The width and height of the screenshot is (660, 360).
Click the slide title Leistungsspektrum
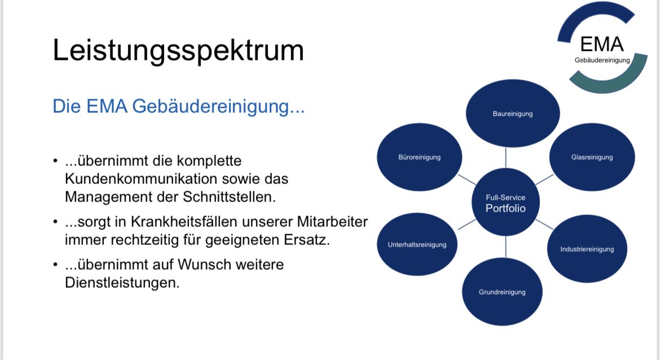point(178,51)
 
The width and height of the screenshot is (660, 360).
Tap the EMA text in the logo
point(601,44)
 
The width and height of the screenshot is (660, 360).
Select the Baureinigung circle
point(513,113)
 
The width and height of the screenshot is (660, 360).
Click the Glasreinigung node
point(592,157)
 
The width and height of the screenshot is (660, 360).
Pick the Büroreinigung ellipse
point(419,157)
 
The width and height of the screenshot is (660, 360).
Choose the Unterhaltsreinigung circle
point(417,244)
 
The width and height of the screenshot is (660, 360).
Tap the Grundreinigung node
point(502,292)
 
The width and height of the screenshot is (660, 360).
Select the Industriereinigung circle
point(587,249)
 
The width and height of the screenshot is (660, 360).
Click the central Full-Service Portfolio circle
point(505,202)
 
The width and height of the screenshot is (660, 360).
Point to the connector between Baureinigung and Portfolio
point(505,157)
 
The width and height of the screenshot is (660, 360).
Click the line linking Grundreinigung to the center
point(505,247)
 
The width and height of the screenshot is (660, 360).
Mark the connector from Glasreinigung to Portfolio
point(544,180)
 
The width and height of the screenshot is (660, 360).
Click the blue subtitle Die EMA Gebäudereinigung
point(178,106)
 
